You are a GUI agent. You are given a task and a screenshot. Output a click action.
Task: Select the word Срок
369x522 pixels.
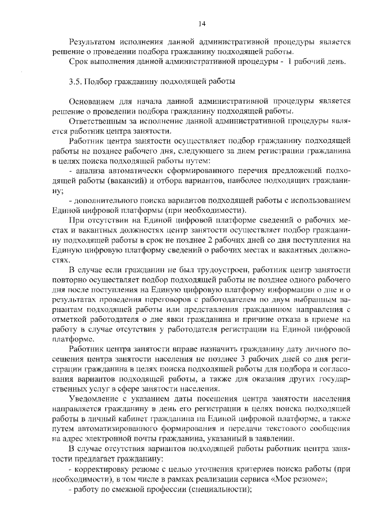click(78, 61)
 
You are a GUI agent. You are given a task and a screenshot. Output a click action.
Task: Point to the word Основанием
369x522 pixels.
click(94, 101)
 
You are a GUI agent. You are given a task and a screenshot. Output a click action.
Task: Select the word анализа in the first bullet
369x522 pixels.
click(88, 171)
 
